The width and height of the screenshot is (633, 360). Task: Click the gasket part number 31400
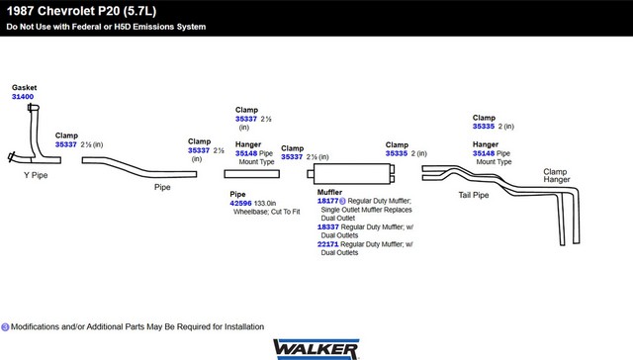(x=23, y=97)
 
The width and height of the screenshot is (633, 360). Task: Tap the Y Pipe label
(x=36, y=175)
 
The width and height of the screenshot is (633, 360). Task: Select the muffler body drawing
(x=351, y=173)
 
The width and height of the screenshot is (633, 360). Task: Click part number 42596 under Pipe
(x=240, y=203)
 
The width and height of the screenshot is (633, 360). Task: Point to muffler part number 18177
(x=327, y=201)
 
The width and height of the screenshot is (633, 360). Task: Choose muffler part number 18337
(x=327, y=226)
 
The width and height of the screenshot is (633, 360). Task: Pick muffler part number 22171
(x=327, y=244)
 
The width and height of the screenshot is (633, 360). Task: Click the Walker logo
(x=316, y=349)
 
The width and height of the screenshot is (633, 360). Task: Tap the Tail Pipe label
(x=474, y=195)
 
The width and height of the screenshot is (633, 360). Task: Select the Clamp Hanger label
(x=556, y=176)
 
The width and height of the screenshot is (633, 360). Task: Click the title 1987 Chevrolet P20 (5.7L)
(x=81, y=11)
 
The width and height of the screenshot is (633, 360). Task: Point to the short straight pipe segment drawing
(x=252, y=174)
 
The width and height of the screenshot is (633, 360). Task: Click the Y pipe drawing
(x=36, y=134)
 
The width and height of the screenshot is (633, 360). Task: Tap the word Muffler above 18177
(x=329, y=192)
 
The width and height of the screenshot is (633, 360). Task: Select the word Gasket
(x=24, y=88)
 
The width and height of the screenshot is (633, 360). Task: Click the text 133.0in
(x=265, y=203)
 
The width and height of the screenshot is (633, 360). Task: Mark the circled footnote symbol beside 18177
(x=342, y=201)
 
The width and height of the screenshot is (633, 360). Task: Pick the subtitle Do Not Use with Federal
(x=106, y=27)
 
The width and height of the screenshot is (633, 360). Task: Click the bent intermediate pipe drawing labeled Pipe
(x=139, y=167)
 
